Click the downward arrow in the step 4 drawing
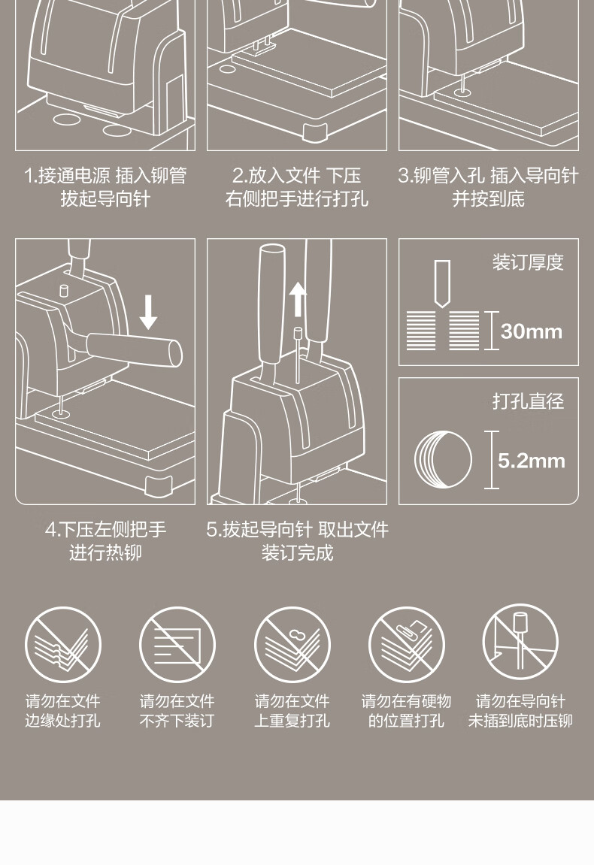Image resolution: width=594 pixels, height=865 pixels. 148,312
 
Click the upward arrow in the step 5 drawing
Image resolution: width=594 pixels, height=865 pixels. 298,299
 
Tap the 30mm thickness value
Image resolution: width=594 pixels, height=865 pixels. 531,331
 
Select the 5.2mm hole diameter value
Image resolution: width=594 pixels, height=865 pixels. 531,461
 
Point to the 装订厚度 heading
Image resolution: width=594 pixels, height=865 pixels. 528,262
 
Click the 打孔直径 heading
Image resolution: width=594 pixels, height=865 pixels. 528,401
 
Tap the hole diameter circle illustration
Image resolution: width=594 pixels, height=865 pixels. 444,460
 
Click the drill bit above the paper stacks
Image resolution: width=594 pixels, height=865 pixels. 441,283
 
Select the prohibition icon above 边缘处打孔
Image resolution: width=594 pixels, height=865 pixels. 63,644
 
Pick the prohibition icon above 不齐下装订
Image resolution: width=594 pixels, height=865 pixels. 177,644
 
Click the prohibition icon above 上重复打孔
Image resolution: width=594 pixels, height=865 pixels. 292,644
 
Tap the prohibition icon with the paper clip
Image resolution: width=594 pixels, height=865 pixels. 406,644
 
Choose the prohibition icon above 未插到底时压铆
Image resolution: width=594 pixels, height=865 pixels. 520,642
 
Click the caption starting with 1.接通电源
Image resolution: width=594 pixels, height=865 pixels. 105,187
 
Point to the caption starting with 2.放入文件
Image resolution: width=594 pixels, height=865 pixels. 297,187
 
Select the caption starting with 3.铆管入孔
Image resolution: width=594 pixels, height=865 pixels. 488,187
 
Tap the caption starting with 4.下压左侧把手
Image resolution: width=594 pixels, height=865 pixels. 105,541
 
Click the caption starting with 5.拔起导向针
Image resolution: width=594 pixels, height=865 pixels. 297,541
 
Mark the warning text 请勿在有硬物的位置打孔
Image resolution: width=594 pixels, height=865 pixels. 406,710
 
